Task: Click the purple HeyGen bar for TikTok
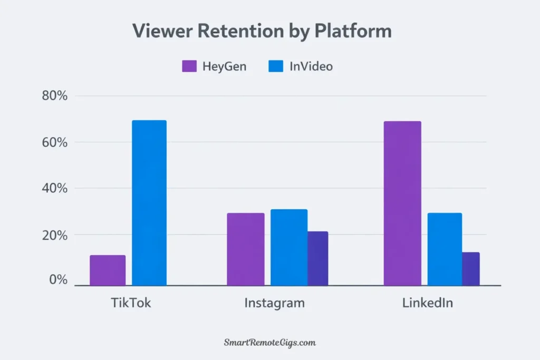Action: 108,270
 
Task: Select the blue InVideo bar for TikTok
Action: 149,203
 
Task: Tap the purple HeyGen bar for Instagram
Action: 246,249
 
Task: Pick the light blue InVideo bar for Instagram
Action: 288,247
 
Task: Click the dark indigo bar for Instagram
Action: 318,258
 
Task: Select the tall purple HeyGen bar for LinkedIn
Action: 402,203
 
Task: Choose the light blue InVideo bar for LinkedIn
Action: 445,249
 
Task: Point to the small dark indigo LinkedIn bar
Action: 471,269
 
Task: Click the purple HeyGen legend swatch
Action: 189,66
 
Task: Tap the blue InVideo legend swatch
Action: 276,66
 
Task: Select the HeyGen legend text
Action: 224,67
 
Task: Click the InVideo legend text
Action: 311,67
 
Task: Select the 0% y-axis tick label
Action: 59,279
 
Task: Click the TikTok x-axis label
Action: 131,304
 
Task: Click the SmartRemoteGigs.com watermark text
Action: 270,343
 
